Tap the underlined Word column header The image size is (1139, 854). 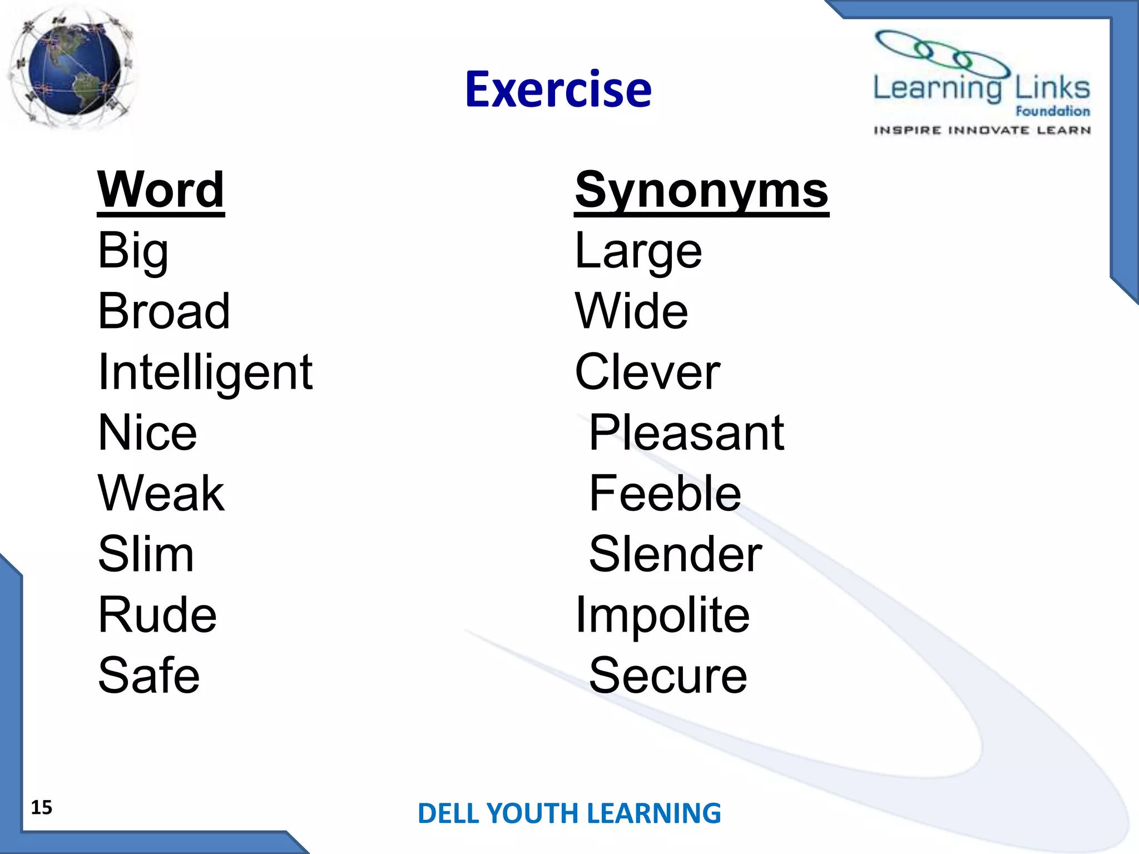click(161, 190)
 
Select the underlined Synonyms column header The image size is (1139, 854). click(701, 190)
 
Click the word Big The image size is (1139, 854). click(133, 251)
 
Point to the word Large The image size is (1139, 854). click(638, 251)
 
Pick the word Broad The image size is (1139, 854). click(164, 311)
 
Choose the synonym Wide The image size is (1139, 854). click(631, 311)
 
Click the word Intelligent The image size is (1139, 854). click(205, 373)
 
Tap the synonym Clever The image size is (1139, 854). click(647, 373)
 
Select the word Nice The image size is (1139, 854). click(147, 433)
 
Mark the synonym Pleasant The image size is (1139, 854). click(686, 433)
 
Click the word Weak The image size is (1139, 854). click(161, 494)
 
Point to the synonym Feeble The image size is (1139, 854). click(665, 494)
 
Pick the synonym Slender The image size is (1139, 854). click(675, 554)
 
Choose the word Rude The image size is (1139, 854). click(157, 615)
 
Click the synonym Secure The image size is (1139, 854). click(668, 676)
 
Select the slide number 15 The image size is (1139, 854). click(41, 807)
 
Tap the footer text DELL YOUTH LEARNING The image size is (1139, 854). click(569, 813)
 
